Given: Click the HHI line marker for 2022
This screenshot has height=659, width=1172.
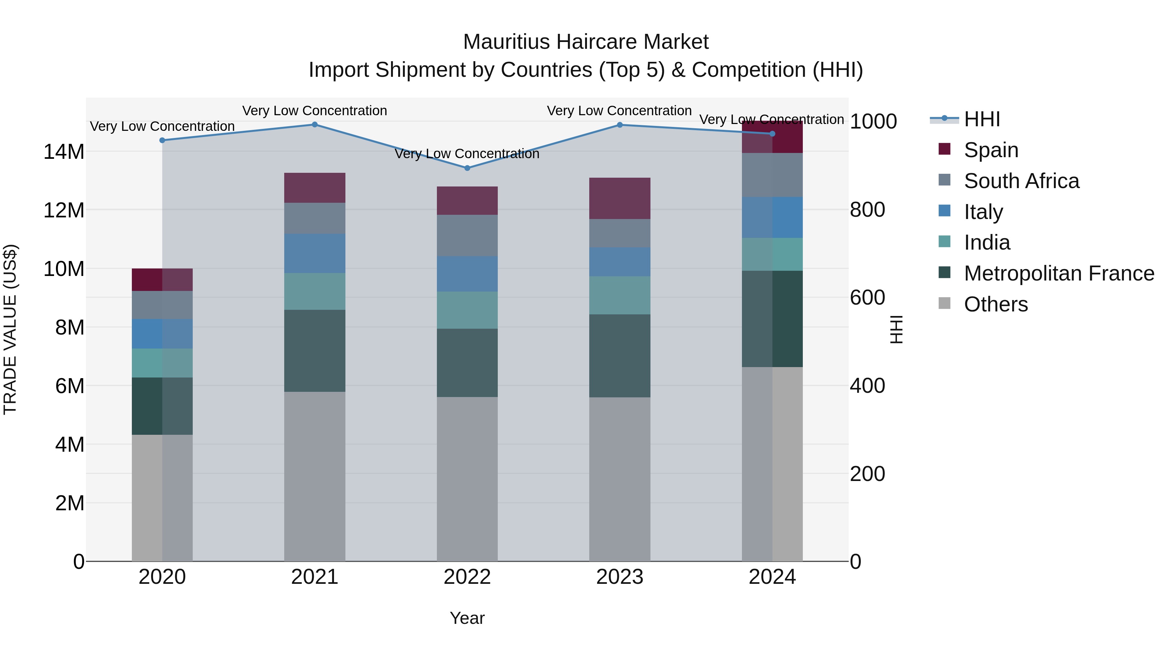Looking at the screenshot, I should coord(467,168).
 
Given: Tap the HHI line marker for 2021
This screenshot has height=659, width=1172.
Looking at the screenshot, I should coord(314,125).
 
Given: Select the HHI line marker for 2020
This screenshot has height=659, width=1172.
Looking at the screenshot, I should coord(162,140).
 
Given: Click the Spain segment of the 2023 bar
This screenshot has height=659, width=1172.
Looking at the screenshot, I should coord(619,198).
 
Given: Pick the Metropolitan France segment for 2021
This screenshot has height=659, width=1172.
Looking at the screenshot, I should coord(314,350).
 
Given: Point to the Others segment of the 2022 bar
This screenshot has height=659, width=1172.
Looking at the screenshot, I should coord(467,479).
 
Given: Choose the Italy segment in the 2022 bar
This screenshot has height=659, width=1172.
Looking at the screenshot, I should coord(467,274).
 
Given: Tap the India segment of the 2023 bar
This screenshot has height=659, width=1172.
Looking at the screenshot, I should coord(619,295).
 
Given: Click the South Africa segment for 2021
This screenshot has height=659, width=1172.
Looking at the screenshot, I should coord(314,218).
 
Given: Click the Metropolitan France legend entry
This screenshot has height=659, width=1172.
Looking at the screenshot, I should coord(1059,273).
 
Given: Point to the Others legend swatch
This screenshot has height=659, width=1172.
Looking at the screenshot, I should coord(944,303).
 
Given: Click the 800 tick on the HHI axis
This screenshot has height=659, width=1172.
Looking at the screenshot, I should coord(867,210).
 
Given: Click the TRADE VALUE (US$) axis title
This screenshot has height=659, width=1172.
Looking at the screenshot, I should coord(10,329).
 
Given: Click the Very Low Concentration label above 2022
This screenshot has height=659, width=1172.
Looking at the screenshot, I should coord(467,154).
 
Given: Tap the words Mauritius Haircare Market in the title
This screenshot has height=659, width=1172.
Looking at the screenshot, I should coord(586,42).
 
